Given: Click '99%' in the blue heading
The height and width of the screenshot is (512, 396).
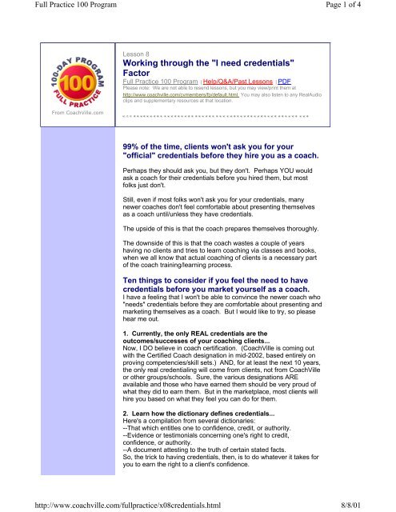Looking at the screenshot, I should [132, 149].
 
